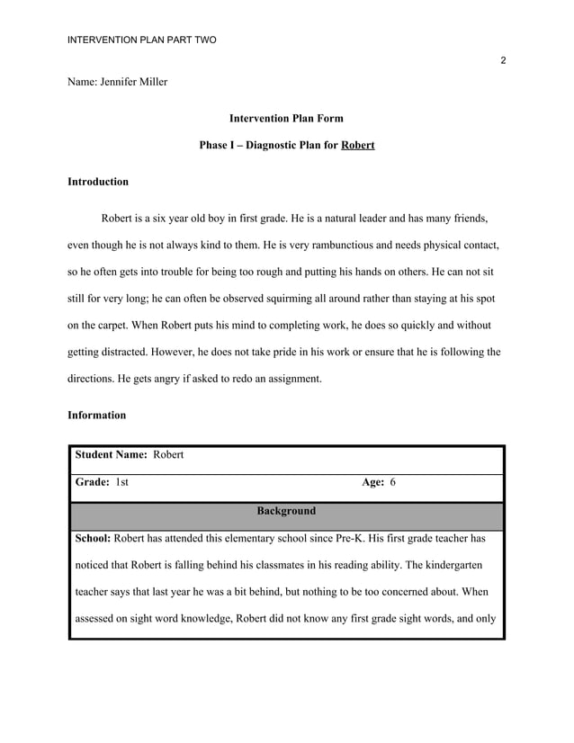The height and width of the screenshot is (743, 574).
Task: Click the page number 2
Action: [x=503, y=60]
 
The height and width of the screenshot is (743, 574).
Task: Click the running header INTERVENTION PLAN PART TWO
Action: [x=142, y=40]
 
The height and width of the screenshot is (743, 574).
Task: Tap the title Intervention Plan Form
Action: [x=286, y=118]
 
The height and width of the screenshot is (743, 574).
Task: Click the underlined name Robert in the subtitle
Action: [x=358, y=145]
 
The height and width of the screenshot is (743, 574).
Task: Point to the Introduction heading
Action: [x=98, y=182]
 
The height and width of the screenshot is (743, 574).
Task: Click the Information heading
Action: [x=97, y=416]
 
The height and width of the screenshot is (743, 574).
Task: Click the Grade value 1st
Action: [x=122, y=483]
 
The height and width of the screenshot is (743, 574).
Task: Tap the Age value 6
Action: [x=392, y=483]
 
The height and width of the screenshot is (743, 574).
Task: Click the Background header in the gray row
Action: [x=286, y=511]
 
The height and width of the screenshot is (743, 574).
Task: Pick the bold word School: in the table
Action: [x=93, y=538]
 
